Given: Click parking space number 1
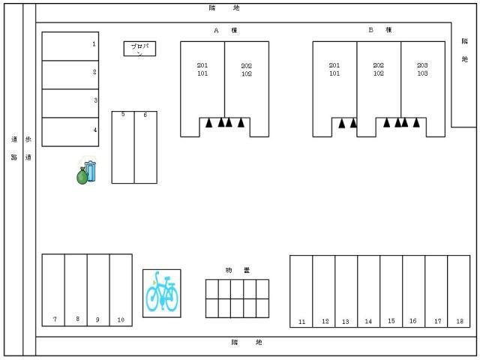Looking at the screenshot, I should click(70, 46).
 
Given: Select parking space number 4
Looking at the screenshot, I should click(70, 131).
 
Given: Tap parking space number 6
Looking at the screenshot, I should click(145, 147).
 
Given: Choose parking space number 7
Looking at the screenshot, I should click(53, 290).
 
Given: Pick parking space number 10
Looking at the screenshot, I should click(120, 290).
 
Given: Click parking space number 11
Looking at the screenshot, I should click(301, 291).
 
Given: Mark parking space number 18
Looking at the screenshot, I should click(458, 291).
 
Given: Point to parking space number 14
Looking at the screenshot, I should click(368, 291).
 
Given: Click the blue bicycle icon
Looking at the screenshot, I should click(162, 293).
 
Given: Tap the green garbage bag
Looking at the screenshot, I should click(82, 177).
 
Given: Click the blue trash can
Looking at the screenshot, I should click(91, 170).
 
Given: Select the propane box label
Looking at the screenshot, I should click(139, 49).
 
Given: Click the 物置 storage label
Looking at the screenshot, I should click(237, 270).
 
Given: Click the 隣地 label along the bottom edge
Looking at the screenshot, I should click(247, 343).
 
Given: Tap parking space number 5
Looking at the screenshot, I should click(123, 147).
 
